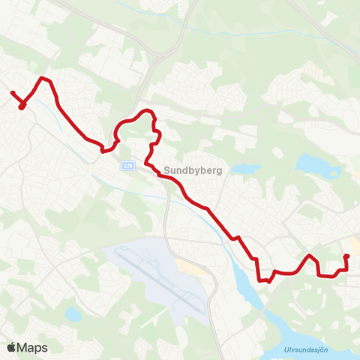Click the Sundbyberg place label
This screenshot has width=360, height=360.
(192, 170)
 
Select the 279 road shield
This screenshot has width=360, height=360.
(127, 166)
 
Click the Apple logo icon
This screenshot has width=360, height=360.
(12, 347)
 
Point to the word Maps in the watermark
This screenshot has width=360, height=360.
(33, 347)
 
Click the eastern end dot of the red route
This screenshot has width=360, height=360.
(346, 257)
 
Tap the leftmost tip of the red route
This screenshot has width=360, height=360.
(12, 93)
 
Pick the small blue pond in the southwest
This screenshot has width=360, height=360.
(72, 314)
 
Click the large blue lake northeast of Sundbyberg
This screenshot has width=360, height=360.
(310, 164)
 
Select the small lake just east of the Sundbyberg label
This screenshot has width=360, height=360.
(244, 169)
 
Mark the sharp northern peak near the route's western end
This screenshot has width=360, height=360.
(43, 77)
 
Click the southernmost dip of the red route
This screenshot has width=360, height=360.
(262, 281)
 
